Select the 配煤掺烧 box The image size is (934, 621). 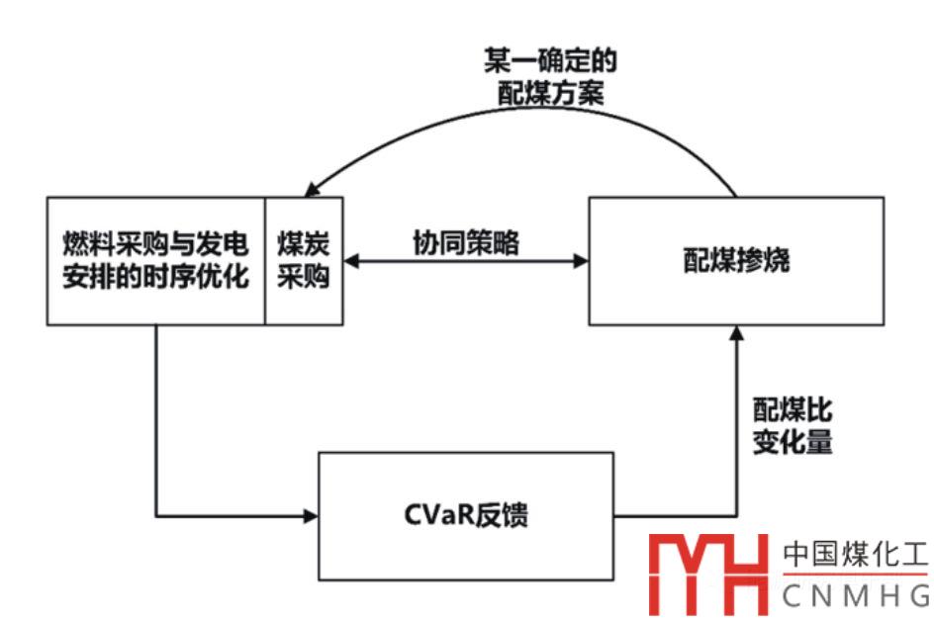click(736, 261)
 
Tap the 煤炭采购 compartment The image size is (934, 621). click(304, 261)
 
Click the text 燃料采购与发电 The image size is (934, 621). click(155, 243)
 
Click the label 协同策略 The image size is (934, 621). click(465, 243)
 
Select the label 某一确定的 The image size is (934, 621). click(550, 62)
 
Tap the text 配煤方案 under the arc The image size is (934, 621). click(550, 94)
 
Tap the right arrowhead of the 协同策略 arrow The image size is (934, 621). click(582, 262)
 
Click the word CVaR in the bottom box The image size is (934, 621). click(431, 515)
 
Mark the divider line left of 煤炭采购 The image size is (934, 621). click(264, 261)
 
